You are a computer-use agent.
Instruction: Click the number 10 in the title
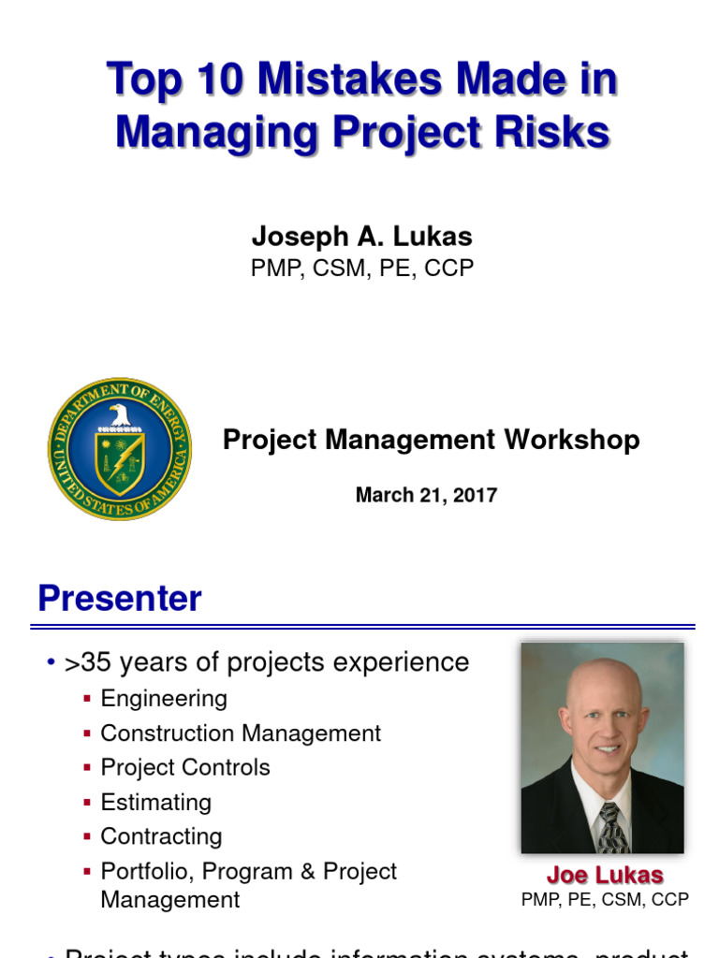point(219,80)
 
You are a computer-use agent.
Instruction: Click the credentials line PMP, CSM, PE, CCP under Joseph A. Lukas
point(361,269)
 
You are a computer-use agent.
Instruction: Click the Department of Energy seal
point(119,449)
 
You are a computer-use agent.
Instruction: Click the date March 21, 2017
point(426,496)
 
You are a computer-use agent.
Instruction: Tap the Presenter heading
point(119,599)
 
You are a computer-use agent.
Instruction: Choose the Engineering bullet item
point(164,699)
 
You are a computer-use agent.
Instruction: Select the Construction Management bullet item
point(241,733)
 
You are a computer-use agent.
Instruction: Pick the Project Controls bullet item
point(185,767)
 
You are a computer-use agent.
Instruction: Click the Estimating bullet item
point(155,803)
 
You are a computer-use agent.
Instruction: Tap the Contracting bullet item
point(161,836)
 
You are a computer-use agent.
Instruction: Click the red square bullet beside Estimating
point(87,803)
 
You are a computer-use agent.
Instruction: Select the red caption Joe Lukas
point(605,876)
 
